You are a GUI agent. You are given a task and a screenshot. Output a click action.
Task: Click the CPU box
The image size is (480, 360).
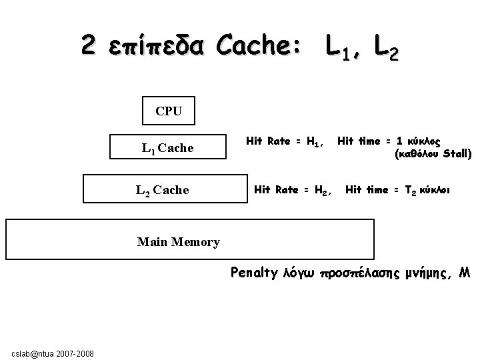pyautogui.click(x=169, y=111)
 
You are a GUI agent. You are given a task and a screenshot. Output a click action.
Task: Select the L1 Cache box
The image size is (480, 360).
pyautogui.click(x=168, y=148)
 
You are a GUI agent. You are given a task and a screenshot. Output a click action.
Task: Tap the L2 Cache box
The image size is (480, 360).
pyautogui.click(x=163, y=190)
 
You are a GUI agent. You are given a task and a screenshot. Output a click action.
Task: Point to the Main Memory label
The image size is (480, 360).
pyautogui.click(x=178, y=242)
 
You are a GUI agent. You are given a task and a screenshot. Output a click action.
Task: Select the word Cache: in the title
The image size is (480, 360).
pyautogui.click(x=257, y=45)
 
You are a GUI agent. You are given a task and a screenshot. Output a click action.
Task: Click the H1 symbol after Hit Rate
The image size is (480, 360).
pyautogui.click(x=315, y=141)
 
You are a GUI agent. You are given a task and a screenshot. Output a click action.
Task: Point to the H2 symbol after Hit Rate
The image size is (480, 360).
pyautogui.click(x=323, y=191)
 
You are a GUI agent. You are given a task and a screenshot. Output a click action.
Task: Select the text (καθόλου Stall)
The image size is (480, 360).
pyautogui.click(x=433, y=154)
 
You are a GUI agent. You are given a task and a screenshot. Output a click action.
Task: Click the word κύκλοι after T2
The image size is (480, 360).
pyautogui.click(x=436, y=190)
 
